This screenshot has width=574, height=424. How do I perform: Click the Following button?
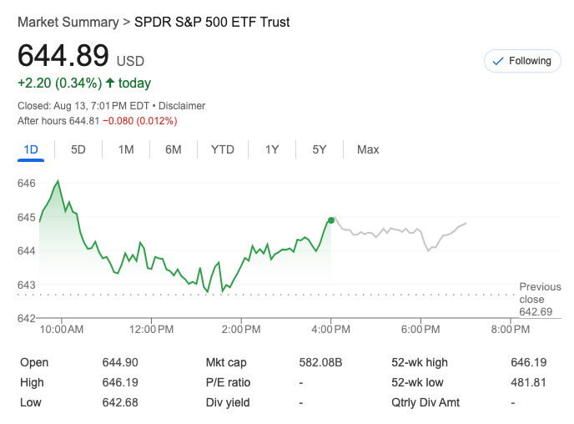click(522, 61)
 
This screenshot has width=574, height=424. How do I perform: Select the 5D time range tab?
click(78, 149)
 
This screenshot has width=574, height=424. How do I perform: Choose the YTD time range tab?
click(222, 149)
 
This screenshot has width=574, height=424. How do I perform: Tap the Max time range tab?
click(368, 149)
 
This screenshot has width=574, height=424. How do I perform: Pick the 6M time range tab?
click(174, 149)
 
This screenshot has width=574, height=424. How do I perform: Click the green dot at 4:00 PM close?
click(332, 220)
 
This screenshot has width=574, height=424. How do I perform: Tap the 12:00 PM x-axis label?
click(152, 330)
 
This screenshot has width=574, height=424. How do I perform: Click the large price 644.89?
click(63, 56)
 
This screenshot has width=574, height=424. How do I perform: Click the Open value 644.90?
click(119, 362)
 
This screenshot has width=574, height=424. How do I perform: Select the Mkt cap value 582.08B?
click(320, 362)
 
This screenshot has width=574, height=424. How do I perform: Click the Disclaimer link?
click(182, 106)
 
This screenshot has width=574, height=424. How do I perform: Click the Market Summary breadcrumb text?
click(68, 23)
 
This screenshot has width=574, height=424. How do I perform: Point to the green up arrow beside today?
click(110, 83)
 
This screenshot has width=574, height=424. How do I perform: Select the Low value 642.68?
click(119, 402)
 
